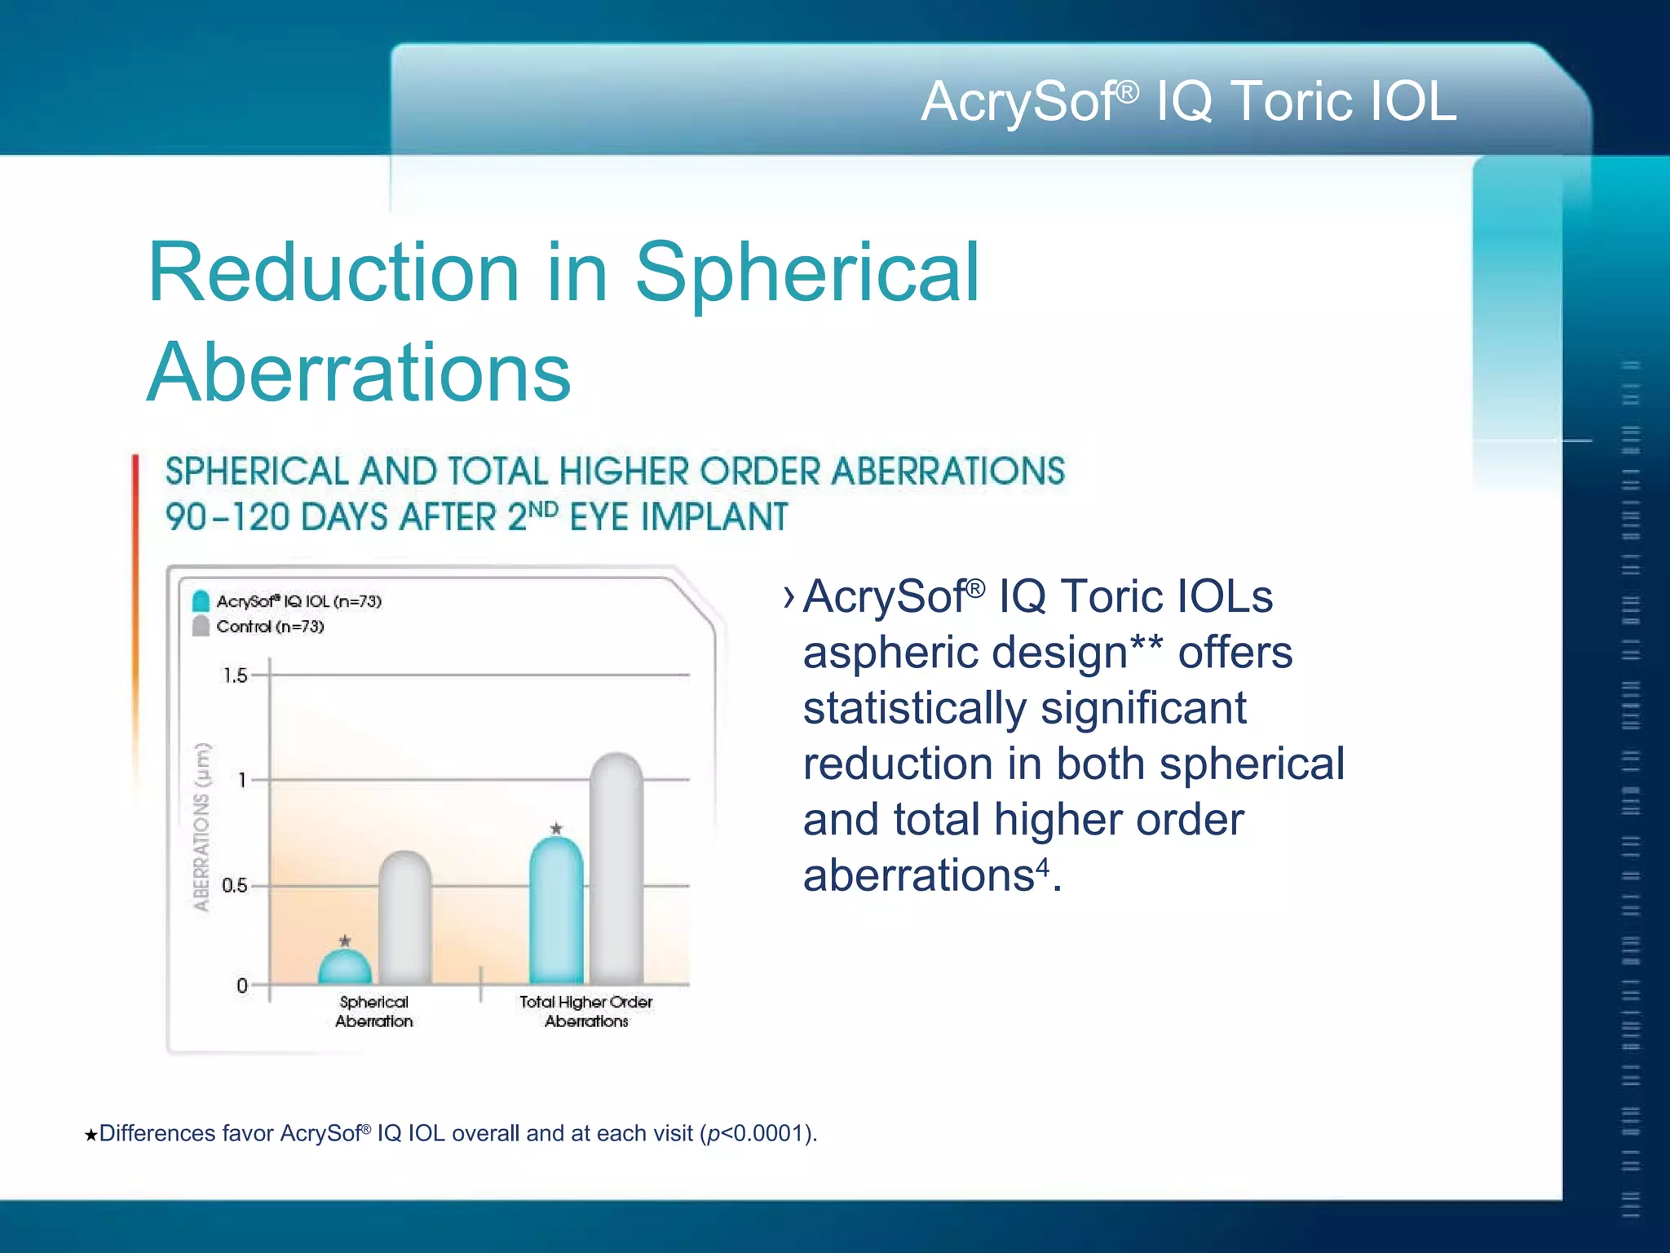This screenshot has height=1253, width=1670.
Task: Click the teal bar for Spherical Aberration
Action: [x=344, y=969]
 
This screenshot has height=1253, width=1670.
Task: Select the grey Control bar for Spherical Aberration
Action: [x=404, y=918]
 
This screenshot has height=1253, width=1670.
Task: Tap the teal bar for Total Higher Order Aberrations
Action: [x=556, y=910]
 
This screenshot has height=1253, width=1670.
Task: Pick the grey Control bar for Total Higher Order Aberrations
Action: [x=616, y=869]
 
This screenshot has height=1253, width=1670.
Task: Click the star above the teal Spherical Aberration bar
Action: [x=345, y=941]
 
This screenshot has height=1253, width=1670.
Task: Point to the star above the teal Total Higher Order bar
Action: [x=556, y=828]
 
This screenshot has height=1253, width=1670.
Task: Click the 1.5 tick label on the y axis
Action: [x=235, y=675]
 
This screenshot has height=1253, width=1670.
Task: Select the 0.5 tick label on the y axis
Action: [x=234, y=885]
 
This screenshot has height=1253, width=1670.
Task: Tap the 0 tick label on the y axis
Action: [x=242, y=985]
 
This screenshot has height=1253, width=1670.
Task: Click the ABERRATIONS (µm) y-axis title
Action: [x=201, y=826]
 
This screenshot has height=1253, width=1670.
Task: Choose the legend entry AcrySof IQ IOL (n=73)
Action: [x=298, y=601]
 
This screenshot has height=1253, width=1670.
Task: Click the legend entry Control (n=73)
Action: [x=269, y=626]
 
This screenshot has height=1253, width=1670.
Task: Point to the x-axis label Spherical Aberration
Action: [x=373, y=1012]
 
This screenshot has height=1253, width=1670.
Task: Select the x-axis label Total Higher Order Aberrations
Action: [x=586, y=1012]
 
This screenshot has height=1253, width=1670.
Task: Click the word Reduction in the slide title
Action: [x=333, y=272]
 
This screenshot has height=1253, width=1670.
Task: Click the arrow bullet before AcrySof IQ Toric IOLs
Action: [x=788, y=597]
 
